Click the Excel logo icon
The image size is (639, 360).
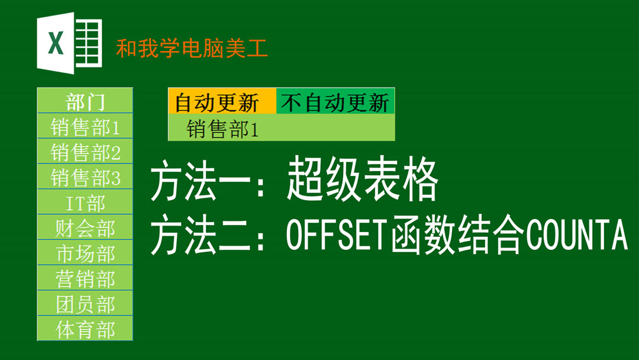[x=69, y=43]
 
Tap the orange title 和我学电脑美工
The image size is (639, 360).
[x=192, y=48]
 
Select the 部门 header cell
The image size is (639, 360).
[x=85, y=100]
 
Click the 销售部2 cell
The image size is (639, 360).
[x=85, y=151]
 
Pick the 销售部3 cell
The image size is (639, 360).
[x=85, y=176]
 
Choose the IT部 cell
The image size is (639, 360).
[x=85, y=202]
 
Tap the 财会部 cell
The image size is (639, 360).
[x=85, y=227]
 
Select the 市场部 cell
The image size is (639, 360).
[x=85, y=252]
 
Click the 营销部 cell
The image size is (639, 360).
[x=85, y=278]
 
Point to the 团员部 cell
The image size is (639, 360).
[x=85, y=303]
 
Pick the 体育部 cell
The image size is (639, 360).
[x=85, y=328]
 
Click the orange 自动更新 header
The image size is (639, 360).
[x=222, y=101]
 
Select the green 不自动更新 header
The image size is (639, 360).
[x=335, y=101]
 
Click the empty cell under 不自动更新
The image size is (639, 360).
[x=335, y=128]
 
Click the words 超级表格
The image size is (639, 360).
[x=362, y=180]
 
